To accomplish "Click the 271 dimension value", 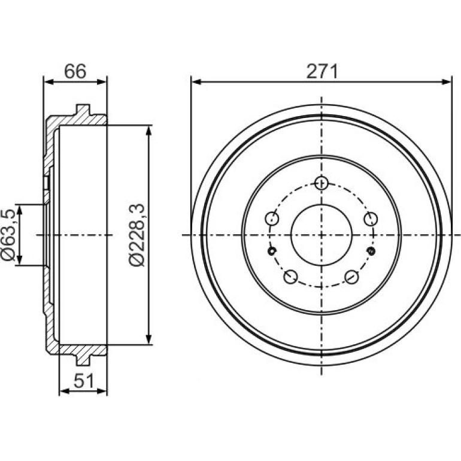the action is coord(322,71).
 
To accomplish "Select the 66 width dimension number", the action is coord(75,71).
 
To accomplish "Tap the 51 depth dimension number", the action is coord(83,381).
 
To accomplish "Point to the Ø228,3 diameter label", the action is coord(137,235).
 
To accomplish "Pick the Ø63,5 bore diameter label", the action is coord(8,235).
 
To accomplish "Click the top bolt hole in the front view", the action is coord(321,183).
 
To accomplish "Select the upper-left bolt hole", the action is coord(272,219).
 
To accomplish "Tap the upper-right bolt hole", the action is coord(371,219).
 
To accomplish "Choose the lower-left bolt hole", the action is coord(290,277).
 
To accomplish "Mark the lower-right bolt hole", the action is coord(351,277).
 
